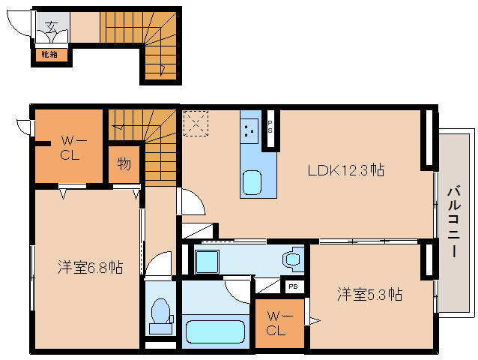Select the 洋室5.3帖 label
(x=369, y=294)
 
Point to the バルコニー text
(x=453, y=223)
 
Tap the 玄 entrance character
(x=51, y=28)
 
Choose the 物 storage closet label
(x=124, y=163)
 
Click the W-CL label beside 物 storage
(x=69, y=148)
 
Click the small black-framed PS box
(x=293, y=286)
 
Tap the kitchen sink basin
(x=251, y=181)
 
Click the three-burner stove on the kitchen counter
(x=249, y=129)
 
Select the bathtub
(x=215, y=331)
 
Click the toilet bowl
(x=161, y=313)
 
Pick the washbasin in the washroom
(x=291, y=259)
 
